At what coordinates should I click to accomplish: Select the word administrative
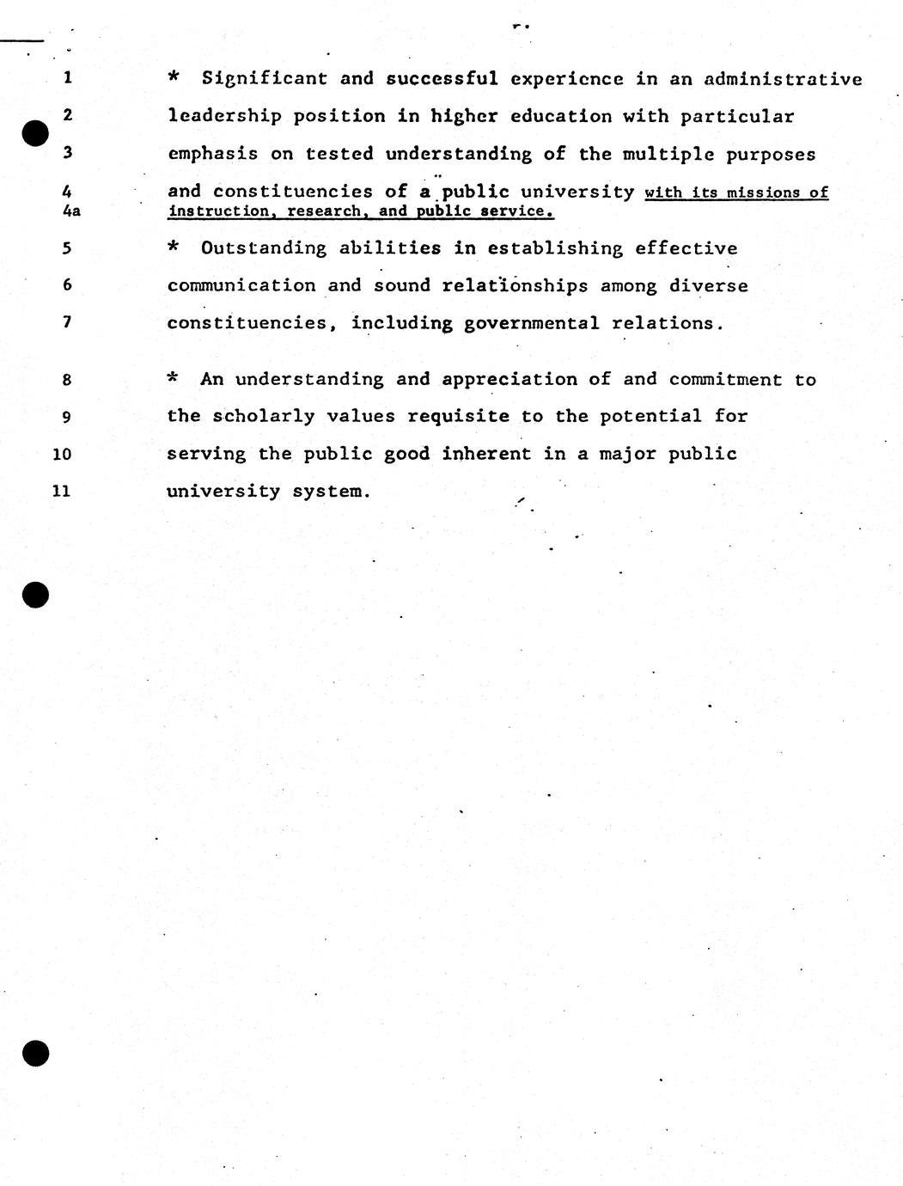(x=783, y=79)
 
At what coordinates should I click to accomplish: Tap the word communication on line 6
(x=241, y=286)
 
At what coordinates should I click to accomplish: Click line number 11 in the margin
(x=62, y=492)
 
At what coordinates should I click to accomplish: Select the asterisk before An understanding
(x=174, y=378)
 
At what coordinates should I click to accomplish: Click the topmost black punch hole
(x=35, y=134)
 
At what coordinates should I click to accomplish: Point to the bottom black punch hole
(x=35, y=1054)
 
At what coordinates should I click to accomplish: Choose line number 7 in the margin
(x=67, y=323)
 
